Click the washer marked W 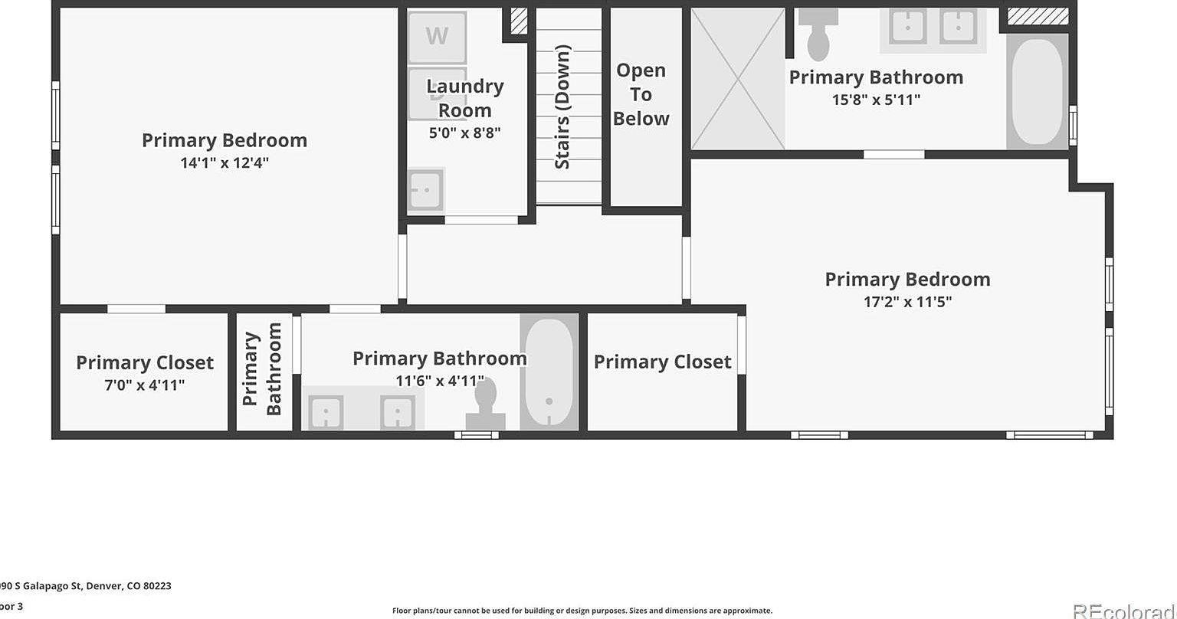(x=437, y=36)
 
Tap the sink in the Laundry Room (x=425, y=189)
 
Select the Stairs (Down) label (x=562, y=106)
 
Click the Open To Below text (x=641, y=94)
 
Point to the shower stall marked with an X (x=737, y=78)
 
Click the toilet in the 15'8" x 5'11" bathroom (x=818, y=35)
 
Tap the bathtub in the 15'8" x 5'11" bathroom (x=1038, y=91)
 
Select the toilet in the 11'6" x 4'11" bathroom (x=486, y=405)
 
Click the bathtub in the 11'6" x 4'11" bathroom (x=549, y=372)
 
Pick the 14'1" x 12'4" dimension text (x=225, y=162)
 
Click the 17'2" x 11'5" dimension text (x=907, y=302)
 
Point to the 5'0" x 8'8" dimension (x=464, y=133)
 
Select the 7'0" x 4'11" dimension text (x=145, y=385)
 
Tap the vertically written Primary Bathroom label (x=263, y=369)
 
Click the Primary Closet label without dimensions (x=662, y=362)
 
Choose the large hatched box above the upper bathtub (x=1038, y=16)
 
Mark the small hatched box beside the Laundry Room (x=519, y=21)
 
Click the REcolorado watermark (x=1123, y=611)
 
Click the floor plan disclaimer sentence (x=582, y=611)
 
